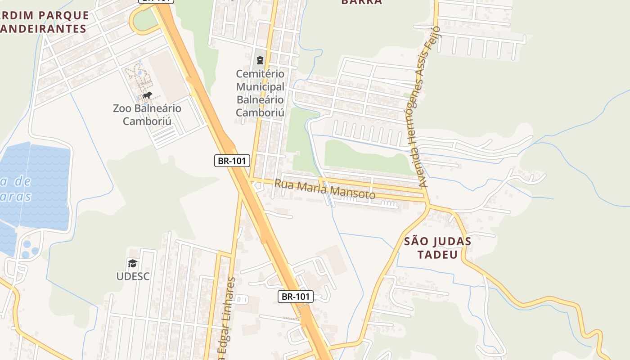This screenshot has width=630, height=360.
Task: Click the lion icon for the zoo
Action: click(147, 95)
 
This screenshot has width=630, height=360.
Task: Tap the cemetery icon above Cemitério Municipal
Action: click(260, 60)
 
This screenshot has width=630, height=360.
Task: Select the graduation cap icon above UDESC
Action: click(132, 263)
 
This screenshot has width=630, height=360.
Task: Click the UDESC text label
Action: click(133, 276)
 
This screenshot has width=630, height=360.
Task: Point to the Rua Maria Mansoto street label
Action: click(325, 189)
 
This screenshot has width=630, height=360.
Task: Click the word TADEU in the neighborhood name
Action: click(437, 255)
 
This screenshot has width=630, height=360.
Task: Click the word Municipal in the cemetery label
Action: click(260, 86)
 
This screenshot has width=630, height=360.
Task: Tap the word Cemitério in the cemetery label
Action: click(260, 73)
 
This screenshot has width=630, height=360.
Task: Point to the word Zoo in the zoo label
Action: click(122, 108)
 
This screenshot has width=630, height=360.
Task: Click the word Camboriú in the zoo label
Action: click(147, 121)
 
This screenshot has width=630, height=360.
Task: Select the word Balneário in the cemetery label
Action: click(260, 99)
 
